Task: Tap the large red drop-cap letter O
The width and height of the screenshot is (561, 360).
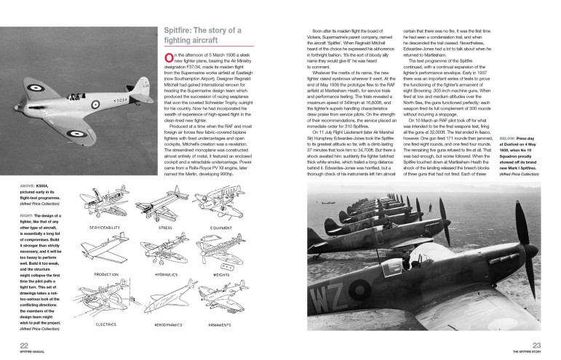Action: pyautogui.click(x=170, y=59)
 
